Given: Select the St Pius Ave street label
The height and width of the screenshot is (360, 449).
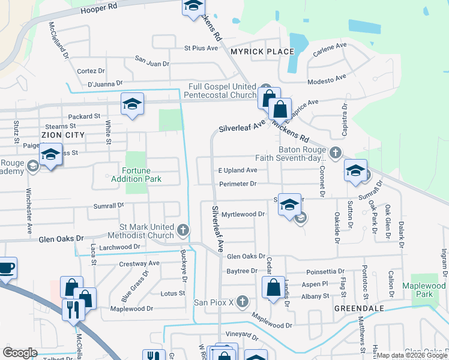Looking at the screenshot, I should tap(200, 47).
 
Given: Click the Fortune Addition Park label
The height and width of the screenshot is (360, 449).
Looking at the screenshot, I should tap(136, 175).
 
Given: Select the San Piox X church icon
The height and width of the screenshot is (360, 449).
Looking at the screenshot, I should tap(242, 301).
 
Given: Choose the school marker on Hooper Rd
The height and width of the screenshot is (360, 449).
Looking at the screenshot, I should tap(193, 7).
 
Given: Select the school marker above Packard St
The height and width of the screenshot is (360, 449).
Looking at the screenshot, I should tap(132, 104).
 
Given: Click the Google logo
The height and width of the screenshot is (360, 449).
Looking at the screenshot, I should tap(20, 352).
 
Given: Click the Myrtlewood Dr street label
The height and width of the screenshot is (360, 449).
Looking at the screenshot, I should tap(243, 214).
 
